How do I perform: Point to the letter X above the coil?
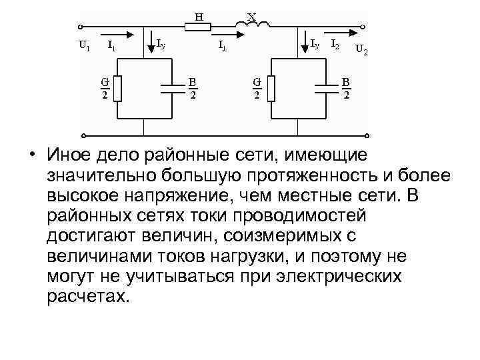click(x=251, y=15)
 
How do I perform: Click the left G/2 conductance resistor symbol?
click(x=117, y=88)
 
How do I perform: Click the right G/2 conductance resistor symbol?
click(x=271, y=88)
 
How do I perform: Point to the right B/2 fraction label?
click(x=346, y=88)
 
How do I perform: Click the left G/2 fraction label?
click(x=104, y=88)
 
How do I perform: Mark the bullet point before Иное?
click(x=32, y=155)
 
